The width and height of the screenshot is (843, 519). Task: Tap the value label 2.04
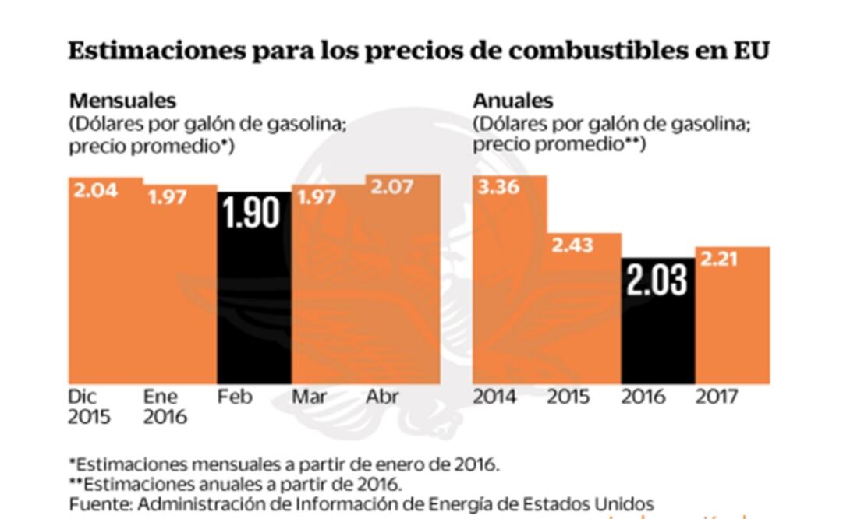point(95,189)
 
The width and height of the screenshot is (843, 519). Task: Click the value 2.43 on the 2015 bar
point(572,245)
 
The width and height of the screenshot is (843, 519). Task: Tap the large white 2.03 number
point(657,280)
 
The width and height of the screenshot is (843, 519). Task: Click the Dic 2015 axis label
point(89,407)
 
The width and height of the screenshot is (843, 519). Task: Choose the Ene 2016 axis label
point(165,407)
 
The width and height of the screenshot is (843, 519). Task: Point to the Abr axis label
point(382,397)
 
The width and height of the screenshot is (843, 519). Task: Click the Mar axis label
point(309,397)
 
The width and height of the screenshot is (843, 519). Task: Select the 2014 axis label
point(494,397)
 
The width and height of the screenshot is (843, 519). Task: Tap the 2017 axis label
point(716,397)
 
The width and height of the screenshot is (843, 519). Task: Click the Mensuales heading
point(122,101)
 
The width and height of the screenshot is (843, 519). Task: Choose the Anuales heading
point(512,101)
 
